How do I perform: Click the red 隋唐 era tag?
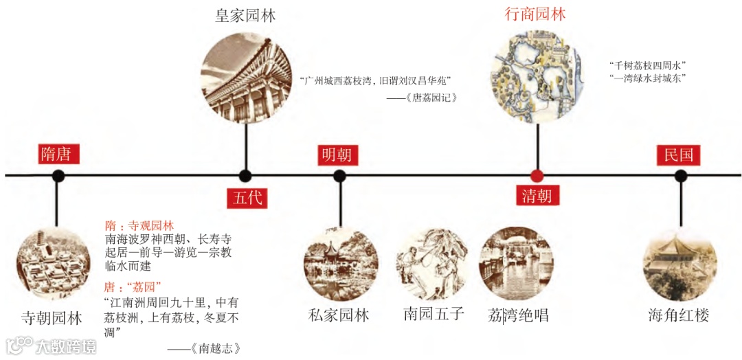click(59, 154)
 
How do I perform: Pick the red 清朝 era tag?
click(537, 195)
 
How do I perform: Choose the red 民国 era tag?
click(678, 155)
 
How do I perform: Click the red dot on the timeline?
click(537, 176)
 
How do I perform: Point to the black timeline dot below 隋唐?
click(58, 176)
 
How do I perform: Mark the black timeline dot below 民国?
click(680, 176)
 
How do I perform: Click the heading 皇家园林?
click(245, 16)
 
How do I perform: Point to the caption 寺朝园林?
click(52, 319)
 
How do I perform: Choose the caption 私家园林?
click(339, 315)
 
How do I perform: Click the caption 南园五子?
click(434, 315)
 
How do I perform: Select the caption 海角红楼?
click(679, 315)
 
